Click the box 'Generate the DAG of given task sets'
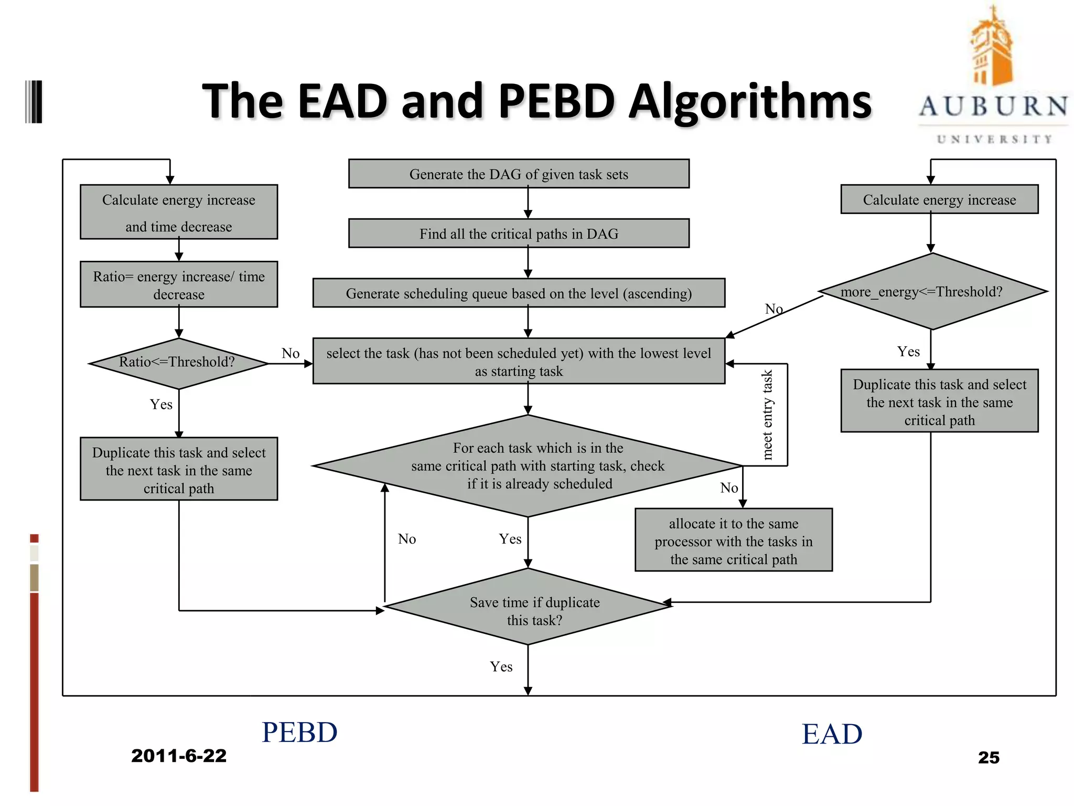pyautogui.click(x=519, y=174)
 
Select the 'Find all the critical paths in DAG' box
pyautogui.click(x=519, y=234)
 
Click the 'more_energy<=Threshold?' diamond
pyautogui.click(x=932, y=292)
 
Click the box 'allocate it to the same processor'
pyautogui.click(x=733, y=540)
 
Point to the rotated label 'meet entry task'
pyautogui.click(x=767, y=415)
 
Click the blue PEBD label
pyautogui.click(x=299, y=733)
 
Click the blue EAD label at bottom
pyautogui.click(x=832, y=734)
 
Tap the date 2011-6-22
pyautogui.click(x=179, y=756)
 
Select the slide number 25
pyautogui.click(x=989, y=757)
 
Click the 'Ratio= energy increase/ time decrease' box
pyautogui.click(x=179, y=284)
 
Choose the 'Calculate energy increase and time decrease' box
pyautogui.click(x=179, y=212)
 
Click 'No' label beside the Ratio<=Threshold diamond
pyautogui.click(x=291, y=353)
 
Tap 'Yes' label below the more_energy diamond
pyautogui.click(x=908, y=352)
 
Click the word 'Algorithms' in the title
pyautogui.click(x=750, y=101)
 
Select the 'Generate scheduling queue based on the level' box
pyautogui.click(x=519, y=293)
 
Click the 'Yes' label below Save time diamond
pyautogui.click(x=501, y=666)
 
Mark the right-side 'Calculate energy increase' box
pyautogui.click(x=939, y=199)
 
